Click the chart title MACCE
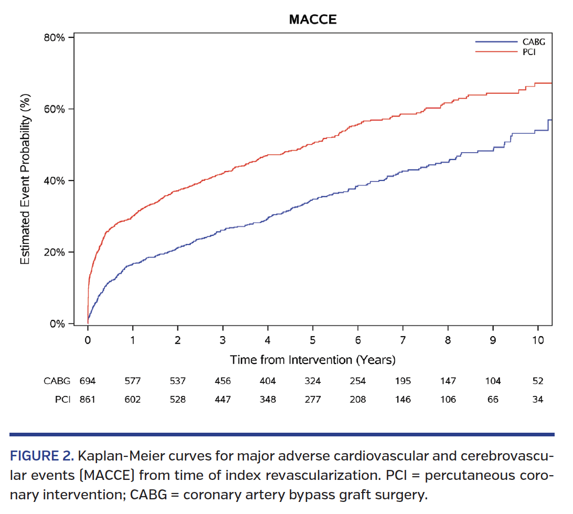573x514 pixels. (313, 20)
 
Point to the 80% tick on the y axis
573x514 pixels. (54, 38)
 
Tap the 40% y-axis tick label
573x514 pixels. (54, 181)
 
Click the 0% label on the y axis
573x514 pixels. (57, 324)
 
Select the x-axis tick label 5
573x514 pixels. (313, 340)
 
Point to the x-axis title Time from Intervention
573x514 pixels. (313, 360)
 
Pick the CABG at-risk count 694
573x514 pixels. (88, 381)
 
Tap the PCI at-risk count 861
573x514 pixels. (88, 400)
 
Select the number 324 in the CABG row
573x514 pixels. (313, 381)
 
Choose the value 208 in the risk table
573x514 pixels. (357, 400)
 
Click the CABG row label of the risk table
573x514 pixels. (56, 381)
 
